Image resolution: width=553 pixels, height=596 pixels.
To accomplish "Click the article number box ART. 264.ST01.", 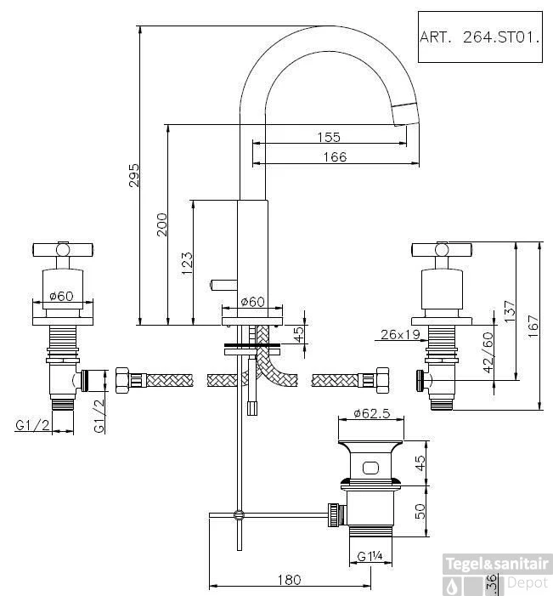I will [480, 37].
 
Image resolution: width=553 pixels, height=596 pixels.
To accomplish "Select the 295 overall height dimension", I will [135, 175].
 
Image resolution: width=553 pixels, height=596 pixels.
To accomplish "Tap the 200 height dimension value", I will [163, 224].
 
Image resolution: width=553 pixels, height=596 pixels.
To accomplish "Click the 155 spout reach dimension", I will [329, 137].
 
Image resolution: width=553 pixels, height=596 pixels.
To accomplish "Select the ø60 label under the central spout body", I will [253, 302].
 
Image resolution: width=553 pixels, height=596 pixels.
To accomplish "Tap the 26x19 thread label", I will [401, 335].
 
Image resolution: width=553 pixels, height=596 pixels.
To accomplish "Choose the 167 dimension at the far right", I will [533, 325].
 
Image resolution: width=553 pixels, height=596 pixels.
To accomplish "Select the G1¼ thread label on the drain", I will [370, 558].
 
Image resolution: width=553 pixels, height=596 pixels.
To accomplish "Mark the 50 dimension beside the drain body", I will [418, 510].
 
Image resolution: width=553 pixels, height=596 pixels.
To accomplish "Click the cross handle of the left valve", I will [62, 249].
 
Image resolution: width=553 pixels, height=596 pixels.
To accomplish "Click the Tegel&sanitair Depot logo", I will [499, 573].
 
